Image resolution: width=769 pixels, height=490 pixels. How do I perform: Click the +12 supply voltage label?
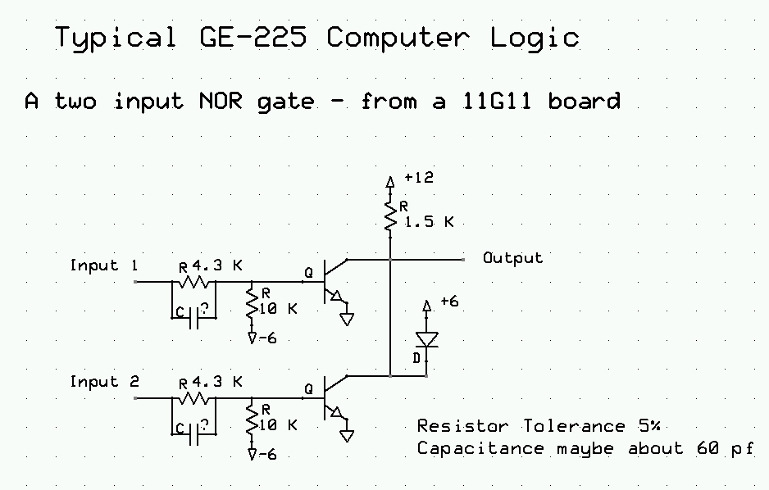pos(418,177)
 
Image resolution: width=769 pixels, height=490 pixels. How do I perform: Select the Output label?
pos(512,258)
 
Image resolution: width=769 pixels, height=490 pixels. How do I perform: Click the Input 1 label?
pos(104,265)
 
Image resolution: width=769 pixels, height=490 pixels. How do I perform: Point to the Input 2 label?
pos(104,382)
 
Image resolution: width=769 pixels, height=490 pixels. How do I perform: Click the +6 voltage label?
pos(449,302)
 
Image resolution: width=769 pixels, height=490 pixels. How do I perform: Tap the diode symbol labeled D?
pos(425,338)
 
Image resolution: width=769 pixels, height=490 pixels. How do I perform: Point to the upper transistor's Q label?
pos(308,272)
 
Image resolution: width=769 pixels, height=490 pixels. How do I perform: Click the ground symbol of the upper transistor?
pos(347,318)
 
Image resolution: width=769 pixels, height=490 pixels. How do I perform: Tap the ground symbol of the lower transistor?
pos(347,434)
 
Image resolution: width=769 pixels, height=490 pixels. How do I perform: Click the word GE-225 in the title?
pos(251,38)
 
